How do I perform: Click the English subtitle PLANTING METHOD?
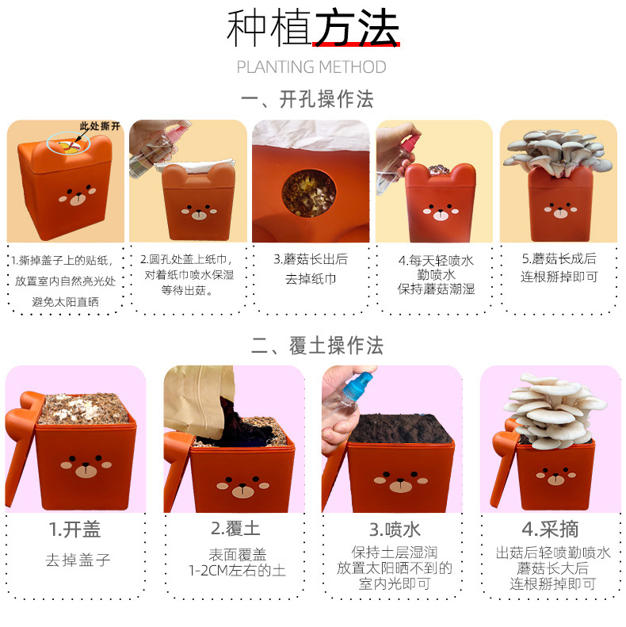pos(311,67)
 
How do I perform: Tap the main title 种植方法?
pos(313,28)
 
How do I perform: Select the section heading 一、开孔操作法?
pos(307,99)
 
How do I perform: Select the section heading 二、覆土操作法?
pos(317,345)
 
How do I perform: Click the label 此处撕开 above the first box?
pos(100,126)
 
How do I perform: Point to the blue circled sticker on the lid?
pos(68,144)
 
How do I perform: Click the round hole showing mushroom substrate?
pos(309,193)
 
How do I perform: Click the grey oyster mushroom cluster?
pos(558,152)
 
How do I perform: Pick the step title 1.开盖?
pos(74,530)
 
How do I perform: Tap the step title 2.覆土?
pos(236,529)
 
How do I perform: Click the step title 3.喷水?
pos(395,530)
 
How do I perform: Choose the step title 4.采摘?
pos(551,529)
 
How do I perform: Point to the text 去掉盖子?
pos(78,560)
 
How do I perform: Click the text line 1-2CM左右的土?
pos(238,571)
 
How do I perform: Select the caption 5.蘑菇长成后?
pos(559,258)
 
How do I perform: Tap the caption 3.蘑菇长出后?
pos(311,259)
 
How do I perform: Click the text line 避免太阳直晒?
pos(65,302)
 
